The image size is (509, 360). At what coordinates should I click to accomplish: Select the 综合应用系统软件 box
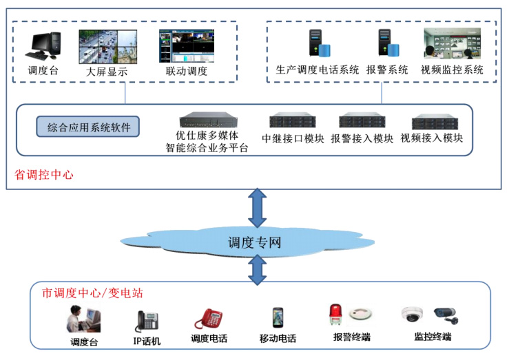[88, 127]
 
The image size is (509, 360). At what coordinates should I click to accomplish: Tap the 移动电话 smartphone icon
[277, 318]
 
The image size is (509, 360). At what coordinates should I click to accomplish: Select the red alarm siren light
[336, 314]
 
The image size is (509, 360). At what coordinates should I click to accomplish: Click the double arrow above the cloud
[258, 208]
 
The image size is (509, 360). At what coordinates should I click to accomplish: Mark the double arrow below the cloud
[258, 270]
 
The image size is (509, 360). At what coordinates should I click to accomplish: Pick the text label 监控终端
[433, 337]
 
